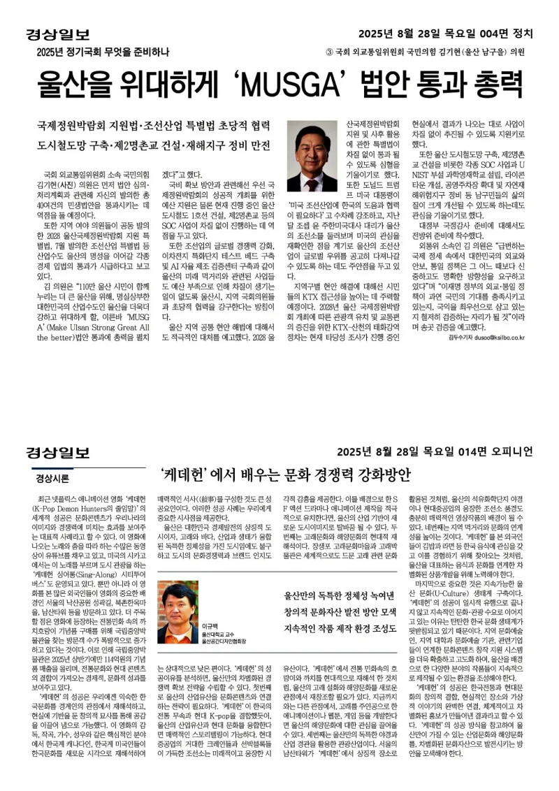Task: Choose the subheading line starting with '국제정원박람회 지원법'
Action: pyautogui.click(x=154, y=126)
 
